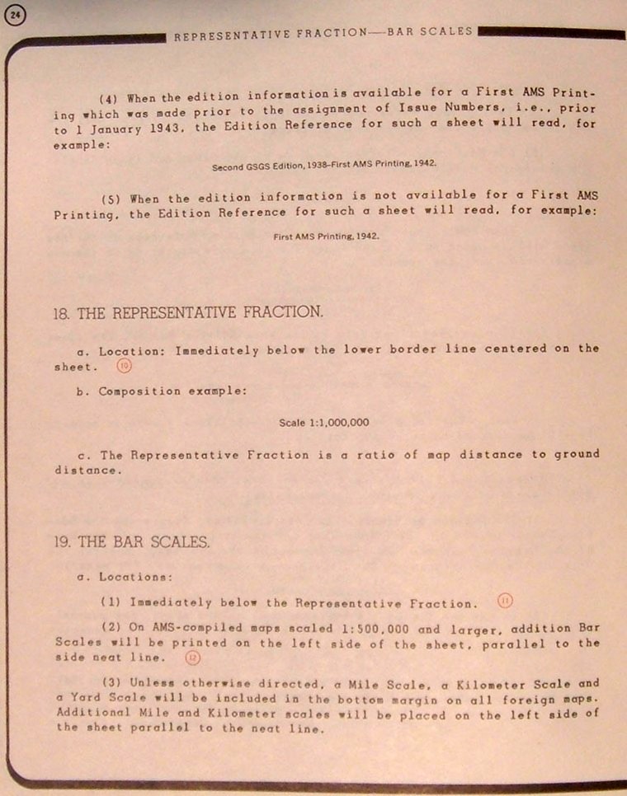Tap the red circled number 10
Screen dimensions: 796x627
(124, 367)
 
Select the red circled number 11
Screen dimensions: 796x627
(506, 601)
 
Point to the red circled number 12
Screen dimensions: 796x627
(192, 658)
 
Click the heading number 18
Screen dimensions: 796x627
(60, 313)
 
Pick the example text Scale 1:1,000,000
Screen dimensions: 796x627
(323, 423)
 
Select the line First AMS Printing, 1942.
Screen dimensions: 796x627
(326, 236)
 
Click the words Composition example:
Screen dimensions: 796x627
(172, 391)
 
